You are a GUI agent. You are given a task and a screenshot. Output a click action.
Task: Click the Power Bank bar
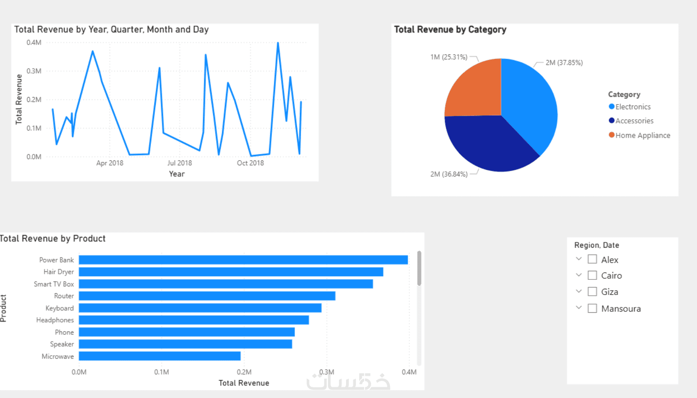click(x=243, y=260)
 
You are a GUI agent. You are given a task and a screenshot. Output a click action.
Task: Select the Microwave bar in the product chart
click(x=159, y=356)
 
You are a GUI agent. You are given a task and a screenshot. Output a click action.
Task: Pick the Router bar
click(x=207, y=296)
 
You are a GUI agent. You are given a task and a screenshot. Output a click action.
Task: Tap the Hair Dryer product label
click(x=59, y=272)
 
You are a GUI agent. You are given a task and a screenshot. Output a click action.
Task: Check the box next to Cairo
click(x=592, y=275)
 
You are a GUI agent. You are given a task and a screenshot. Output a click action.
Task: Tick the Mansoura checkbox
click(x=592, y=308)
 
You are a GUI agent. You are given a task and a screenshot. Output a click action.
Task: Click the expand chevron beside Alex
click(x=579, y=259)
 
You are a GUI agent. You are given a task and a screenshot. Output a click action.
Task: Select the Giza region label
click(x=609, y=292)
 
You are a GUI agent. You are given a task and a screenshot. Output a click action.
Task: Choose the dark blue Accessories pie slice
click(x=488, y=144)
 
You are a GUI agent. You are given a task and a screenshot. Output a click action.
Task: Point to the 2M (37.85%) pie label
click(x=564, y=63)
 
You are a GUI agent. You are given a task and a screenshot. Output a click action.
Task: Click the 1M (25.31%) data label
click(x=449, y=57)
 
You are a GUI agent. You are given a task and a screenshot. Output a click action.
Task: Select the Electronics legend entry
click(x=633, y=107)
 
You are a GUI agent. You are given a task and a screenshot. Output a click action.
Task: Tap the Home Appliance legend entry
click(x=642, y=135)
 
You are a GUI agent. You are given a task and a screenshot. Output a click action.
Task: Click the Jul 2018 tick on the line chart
click(x=180, y=163)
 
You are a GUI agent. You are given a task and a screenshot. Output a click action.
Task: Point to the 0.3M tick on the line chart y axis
click(x=34, y=71)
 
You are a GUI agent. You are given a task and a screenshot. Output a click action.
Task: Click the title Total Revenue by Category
click(x=450, y=30)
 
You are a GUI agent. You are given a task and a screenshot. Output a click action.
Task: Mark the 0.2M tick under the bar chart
click(x=244, y=372)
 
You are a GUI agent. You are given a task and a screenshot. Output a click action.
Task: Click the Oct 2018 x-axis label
click(x=250, y=163)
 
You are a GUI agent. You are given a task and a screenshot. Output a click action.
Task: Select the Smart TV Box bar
click(x=226, y=284)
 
